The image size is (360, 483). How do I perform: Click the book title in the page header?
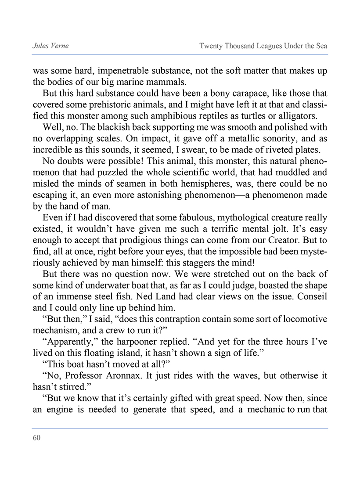pos(263,46)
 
